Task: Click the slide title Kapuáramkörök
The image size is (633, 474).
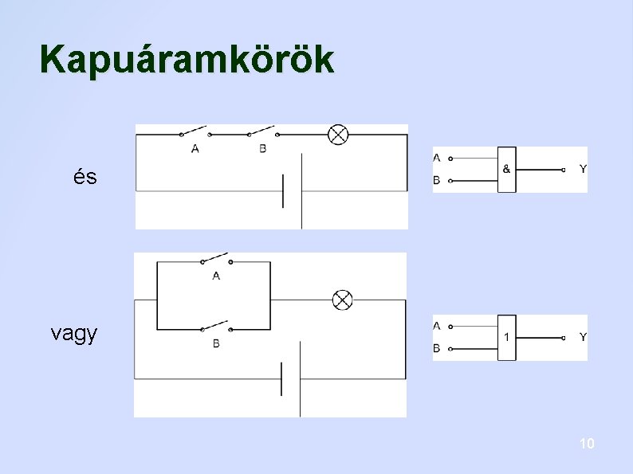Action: [187, 60]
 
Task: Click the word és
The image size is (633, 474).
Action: [85, 177]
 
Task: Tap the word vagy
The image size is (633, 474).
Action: [74, 333]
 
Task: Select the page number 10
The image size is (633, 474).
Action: [587, 444]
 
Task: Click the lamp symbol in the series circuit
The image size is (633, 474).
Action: [338, 135]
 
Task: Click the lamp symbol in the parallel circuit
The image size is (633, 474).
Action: [342, 300]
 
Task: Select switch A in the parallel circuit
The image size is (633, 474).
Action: [215, 260]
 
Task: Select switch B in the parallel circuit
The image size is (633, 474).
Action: [215, 327]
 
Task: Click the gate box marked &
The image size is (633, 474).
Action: [506, 170]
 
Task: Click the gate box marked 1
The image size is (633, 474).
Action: [506, 338]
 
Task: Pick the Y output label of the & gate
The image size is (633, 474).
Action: [583, 170]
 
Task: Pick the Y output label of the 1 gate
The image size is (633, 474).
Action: [583, 338]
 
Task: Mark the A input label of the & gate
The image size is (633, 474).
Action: [436, 157]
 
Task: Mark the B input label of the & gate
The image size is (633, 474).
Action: [436, 181]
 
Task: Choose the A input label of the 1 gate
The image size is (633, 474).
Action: [436, 326]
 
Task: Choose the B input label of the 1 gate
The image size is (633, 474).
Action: [436, 349]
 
